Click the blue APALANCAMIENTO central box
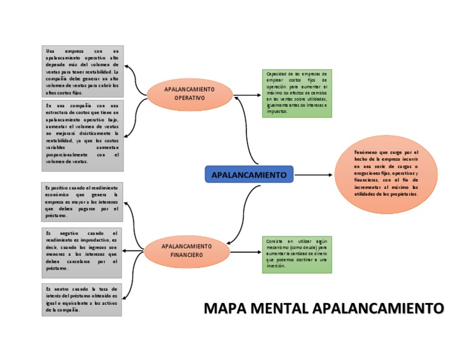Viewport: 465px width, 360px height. (x=249, y=175)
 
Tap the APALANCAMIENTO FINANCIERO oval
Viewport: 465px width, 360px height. (x=186, y=251)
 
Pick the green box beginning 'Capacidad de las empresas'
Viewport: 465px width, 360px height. (x=296, y=93)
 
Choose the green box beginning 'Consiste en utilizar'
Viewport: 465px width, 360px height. (x=296, y=253)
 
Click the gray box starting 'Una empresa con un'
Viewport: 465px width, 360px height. (x=83, y=71)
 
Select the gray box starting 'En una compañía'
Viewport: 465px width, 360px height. (x=83, y=135)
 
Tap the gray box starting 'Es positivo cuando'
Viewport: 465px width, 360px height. (x=83, y=202)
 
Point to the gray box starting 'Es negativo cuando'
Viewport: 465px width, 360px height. (x=83, y=250)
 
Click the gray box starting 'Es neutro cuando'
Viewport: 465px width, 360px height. (x=83, y=299)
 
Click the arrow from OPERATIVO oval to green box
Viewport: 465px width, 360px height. (x=246, y=95)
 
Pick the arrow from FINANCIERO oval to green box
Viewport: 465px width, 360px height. (x=245, y=252)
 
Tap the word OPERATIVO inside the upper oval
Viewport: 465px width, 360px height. (x=189, y=98)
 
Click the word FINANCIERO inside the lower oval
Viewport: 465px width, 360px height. (x=186, y=255)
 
